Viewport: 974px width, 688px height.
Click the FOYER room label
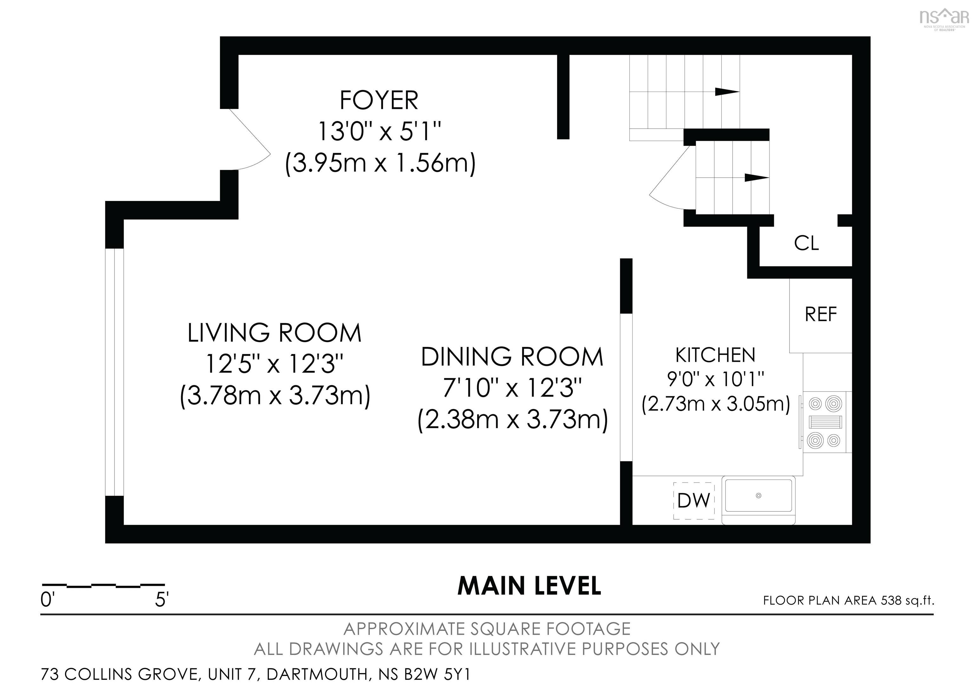(379, 101)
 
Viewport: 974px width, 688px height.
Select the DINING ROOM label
(512, 357)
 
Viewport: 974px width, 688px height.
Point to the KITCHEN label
(715, 355)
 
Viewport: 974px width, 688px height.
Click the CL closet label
(806, 243)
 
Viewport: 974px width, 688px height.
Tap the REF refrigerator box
(821, 315)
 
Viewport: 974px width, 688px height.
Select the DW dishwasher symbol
(694, 501)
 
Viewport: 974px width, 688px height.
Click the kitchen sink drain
(758, 496)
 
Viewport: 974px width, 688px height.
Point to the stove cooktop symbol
(824, 422)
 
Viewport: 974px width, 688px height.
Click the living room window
(114, 372)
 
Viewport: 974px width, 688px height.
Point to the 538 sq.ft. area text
(907, 600)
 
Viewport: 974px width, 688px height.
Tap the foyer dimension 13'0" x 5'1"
(379, 132)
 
